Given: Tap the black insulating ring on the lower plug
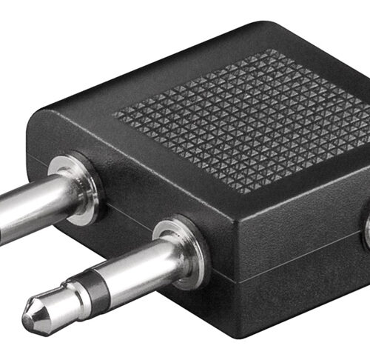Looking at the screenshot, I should point(90,290).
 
